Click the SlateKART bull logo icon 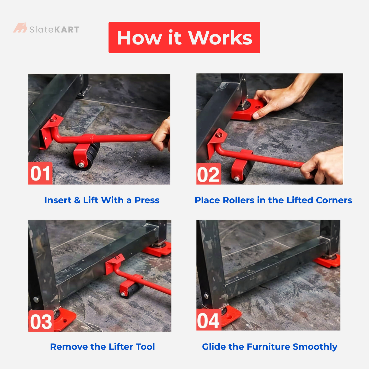coord(20,28)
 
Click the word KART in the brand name coord(67,30)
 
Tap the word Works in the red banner coord(220,38)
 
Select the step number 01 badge coord(40,173)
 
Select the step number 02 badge coord(208,174)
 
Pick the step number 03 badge coord(41,322)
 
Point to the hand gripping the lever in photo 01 coord(161,136)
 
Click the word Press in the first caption coord(147,200)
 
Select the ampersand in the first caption coord(77,200)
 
